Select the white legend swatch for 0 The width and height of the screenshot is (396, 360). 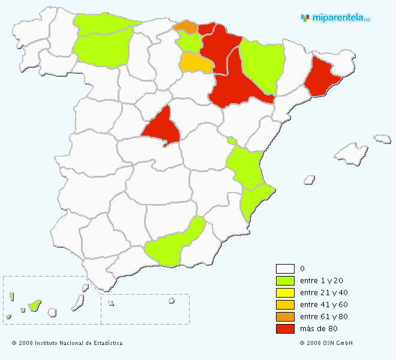285,269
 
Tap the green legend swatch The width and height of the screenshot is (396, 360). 285,281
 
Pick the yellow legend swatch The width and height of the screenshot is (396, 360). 285,293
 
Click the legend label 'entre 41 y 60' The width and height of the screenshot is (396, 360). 323,305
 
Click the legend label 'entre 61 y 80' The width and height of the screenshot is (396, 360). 323,317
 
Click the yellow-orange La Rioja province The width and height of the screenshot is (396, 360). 196,62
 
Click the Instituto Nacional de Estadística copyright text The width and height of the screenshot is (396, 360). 67,343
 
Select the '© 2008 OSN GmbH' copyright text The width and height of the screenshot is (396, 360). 326,343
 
